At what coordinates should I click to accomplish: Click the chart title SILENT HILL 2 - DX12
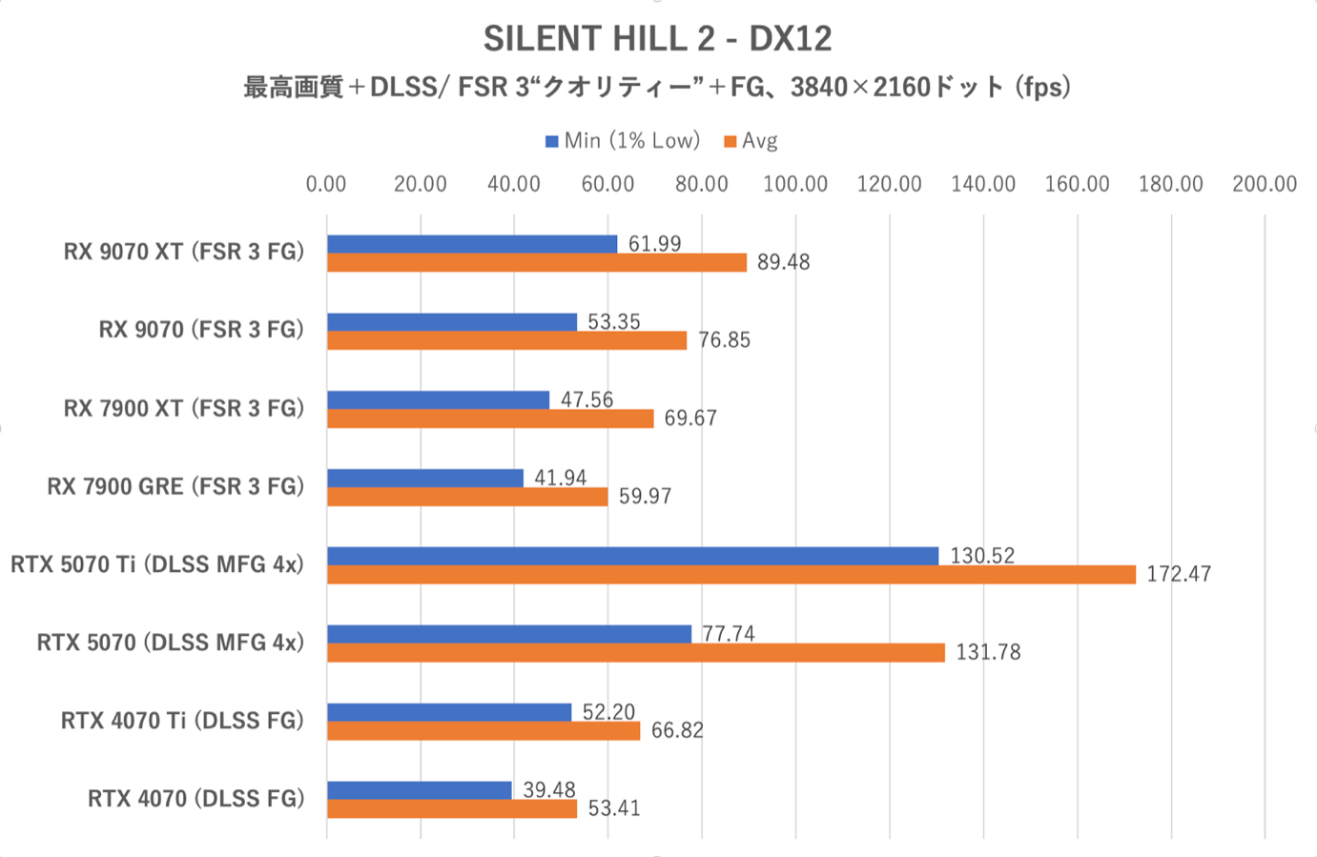pos(657,39)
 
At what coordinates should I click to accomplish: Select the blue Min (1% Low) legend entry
pos(622,141)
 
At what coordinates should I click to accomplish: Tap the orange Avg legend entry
pos(751,141)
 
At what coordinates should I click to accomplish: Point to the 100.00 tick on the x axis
pos(794,184)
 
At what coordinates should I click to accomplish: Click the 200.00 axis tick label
pos(1264,184)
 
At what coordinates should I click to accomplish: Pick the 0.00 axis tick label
pos(326,184)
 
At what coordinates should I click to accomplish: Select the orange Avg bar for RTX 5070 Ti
pos(731,574)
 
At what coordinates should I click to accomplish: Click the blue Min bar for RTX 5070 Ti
pos(632,556)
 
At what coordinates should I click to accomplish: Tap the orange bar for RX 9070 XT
pos(536,262)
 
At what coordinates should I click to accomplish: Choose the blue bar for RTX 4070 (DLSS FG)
pos(420,790)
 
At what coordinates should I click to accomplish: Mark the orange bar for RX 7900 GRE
pos(467,497)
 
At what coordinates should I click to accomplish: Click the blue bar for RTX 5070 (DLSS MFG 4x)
pos(509,634)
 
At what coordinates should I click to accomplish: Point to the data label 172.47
pos(1179,574)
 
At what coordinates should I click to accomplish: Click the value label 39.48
pos(549,790)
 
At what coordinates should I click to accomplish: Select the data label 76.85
pos(724,340)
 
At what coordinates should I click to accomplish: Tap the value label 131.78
pos(988,652)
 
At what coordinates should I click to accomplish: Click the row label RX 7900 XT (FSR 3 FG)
pos(184,408)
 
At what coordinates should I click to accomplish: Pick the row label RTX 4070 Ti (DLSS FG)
pos(182,721)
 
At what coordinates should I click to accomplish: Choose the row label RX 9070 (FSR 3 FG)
pos(201,330)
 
